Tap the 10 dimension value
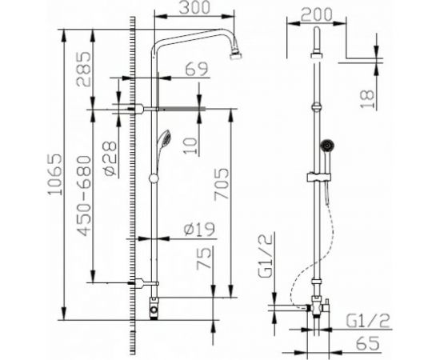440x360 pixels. tap(185, 144)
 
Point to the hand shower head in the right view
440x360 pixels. tap(326, 146)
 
